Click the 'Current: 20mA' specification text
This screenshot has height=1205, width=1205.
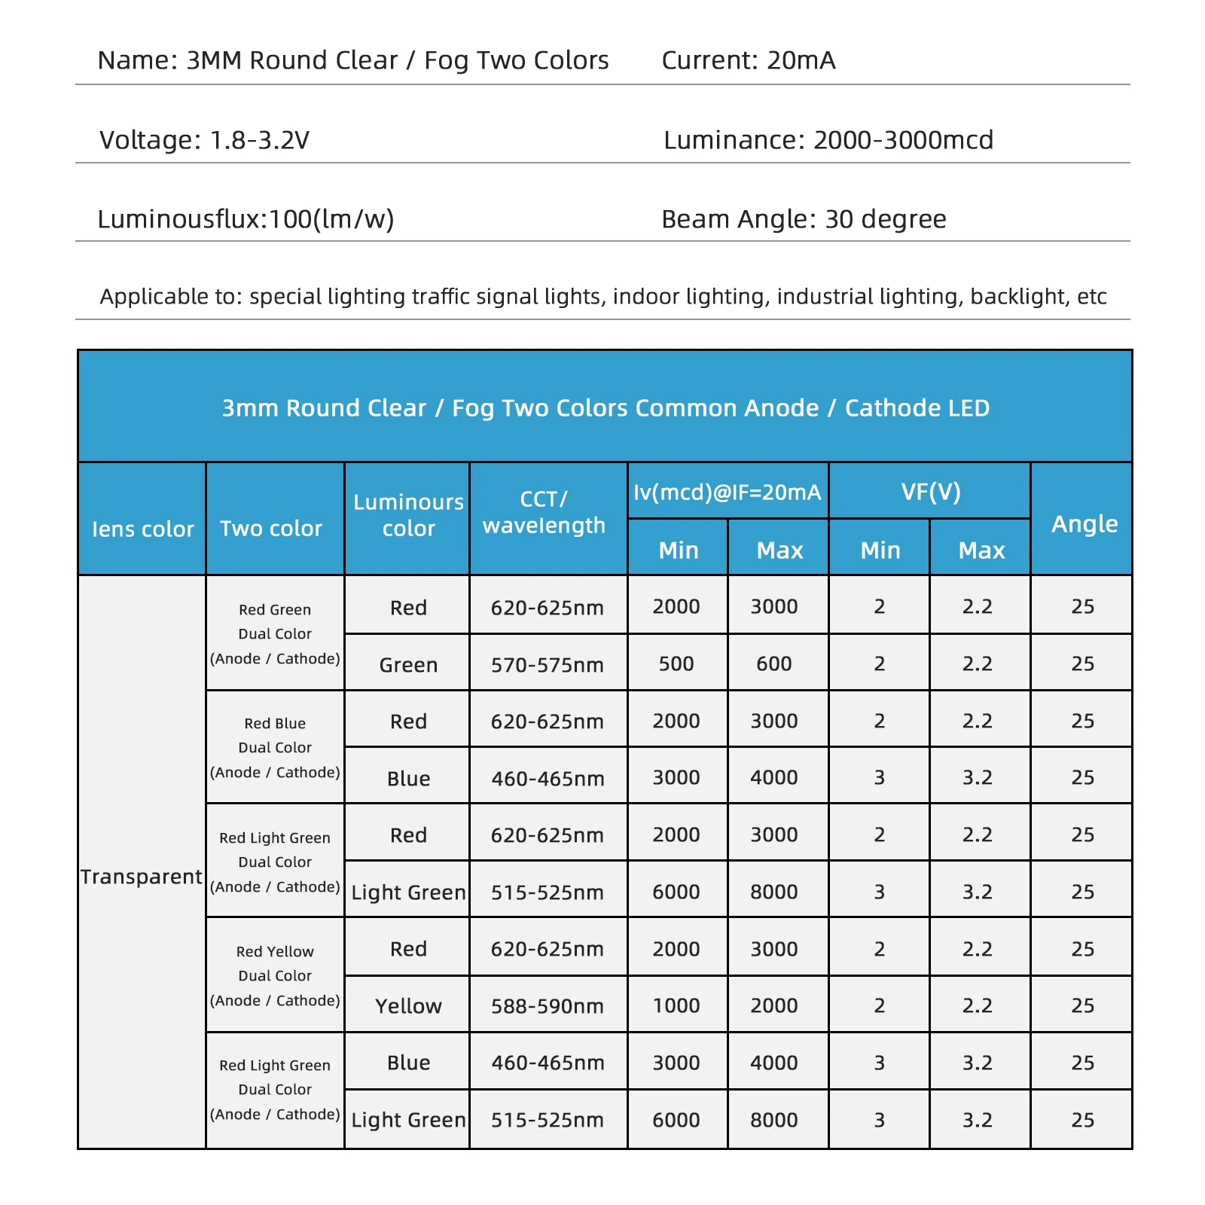(748, 60)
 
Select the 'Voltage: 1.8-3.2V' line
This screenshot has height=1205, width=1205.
(204, 140)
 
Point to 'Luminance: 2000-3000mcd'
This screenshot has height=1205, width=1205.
(828, 140)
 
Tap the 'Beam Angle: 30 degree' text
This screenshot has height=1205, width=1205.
(803, 219)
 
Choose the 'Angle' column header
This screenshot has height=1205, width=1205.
(1084, 523)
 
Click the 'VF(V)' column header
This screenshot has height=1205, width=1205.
(930, 492)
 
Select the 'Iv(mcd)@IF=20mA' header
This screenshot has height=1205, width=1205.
(727, 492)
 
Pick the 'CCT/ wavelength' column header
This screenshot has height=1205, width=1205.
(544, 512)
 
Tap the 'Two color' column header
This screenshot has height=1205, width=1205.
(271, 529)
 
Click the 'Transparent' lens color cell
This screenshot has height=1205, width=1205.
(142, 877)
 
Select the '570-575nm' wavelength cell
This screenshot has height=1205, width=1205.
(548, 665)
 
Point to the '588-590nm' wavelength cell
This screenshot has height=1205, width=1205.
(548, 1006)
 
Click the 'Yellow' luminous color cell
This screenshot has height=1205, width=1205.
(408, 1006)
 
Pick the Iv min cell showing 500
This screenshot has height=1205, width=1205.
(676, 664)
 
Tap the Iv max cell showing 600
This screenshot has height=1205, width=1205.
(774, 664)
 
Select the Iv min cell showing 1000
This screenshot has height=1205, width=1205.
(676, 1005)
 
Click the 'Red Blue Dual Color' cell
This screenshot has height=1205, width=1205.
(275, 747)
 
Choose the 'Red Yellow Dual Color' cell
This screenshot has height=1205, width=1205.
(275, 975)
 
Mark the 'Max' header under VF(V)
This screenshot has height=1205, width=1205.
(981, 551)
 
